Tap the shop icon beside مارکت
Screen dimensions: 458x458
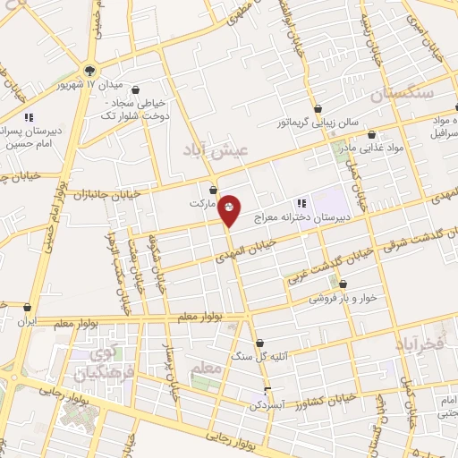pos(213,190)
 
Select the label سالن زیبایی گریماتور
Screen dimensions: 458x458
pos(316,121)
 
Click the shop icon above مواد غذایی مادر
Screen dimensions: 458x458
pos(371,135)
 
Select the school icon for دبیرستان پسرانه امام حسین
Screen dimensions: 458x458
pos(29,116)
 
